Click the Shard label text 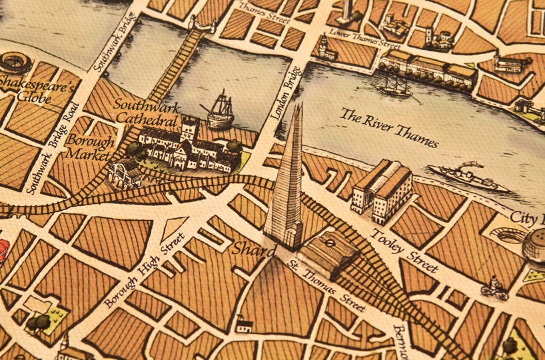tap(254, 250)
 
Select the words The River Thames tap(390, 127)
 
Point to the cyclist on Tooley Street tap(494, 289)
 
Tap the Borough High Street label tap(145, 270)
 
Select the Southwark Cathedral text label tap(146, 113)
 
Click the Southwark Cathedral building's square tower tap(189, 131)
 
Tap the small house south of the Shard tap(244, 325)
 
